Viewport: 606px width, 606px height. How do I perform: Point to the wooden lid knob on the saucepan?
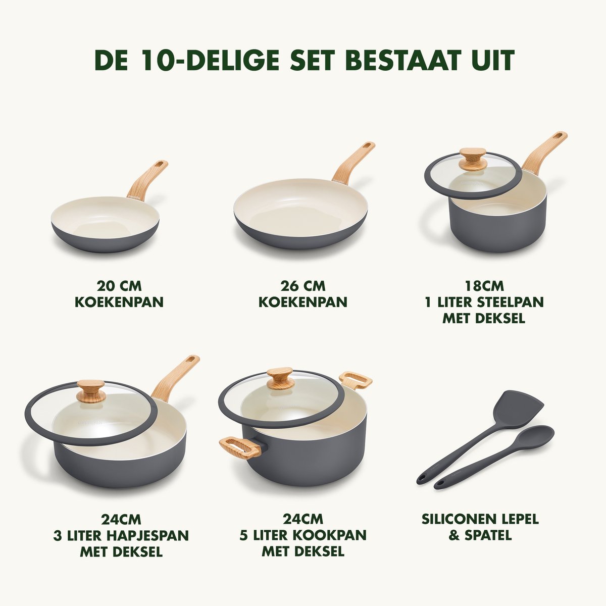473,159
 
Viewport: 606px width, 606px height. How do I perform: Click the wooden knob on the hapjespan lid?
91,391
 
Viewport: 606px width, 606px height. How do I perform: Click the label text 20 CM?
119,286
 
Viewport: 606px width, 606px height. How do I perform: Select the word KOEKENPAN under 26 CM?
303,302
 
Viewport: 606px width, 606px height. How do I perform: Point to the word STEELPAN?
511,302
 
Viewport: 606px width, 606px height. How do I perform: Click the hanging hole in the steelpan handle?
559,136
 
